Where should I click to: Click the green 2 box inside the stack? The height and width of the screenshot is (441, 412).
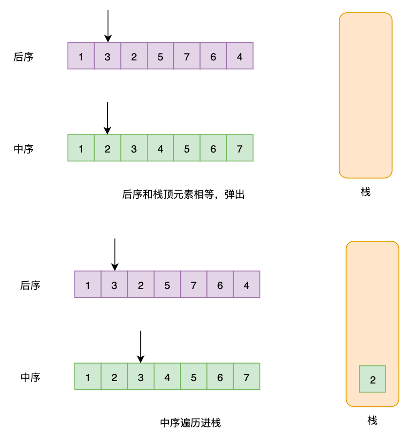click(373, 379)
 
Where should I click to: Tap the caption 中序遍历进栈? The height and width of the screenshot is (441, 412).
click(191, 423)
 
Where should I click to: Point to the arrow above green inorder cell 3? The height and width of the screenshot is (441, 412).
click(140, 346)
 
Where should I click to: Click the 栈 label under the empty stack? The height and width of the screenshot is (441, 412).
click(366, 192)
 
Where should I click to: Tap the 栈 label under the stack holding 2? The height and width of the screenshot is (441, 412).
click(373, 421)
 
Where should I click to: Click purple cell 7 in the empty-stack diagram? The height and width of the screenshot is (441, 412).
click(187, 56)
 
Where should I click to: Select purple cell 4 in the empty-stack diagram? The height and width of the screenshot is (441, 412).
click(240, 56)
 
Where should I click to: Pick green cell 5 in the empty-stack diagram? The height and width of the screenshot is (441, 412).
click(187, 148)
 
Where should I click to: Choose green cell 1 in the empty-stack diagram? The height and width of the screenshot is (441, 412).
click(81, 148)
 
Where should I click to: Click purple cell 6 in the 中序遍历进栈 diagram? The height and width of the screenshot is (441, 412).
click(220, 285)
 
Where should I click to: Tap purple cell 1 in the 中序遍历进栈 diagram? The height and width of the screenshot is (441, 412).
click(88, 285)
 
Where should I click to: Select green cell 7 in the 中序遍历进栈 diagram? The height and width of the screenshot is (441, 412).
click(247, 377)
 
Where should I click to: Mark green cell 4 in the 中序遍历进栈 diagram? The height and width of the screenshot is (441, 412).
click(167, 377)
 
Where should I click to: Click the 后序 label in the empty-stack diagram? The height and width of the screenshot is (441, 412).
click(23, 57)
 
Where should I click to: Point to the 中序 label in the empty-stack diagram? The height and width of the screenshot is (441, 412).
click(23, 149)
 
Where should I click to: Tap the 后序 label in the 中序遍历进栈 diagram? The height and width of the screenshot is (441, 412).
click(30, 285)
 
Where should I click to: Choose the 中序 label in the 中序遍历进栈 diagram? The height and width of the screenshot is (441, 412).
click(30, 377)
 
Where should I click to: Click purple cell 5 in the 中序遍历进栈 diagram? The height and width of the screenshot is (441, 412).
click(167, 285)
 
